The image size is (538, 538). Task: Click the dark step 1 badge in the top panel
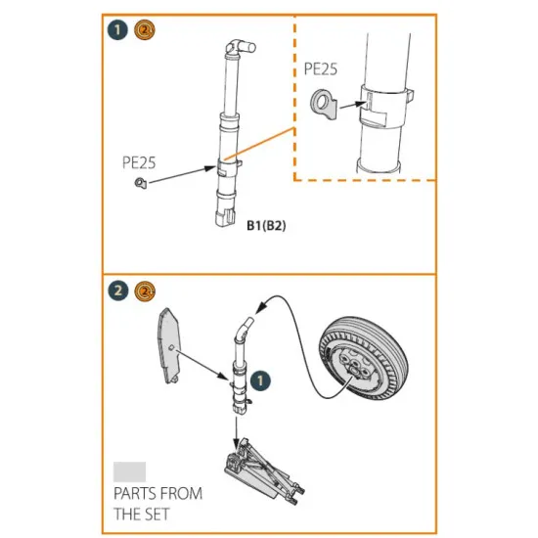(118, 30)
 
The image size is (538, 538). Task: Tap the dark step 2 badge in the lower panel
(118, 291)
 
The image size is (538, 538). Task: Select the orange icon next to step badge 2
(143, 291)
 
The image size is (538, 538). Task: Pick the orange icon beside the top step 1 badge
(143, 30)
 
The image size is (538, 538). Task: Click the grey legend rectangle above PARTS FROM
(130, 471)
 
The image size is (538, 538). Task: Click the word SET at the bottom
(157, 514)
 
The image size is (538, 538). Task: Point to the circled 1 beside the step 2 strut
(259, 378)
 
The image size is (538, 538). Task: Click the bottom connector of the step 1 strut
(225, 215)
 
